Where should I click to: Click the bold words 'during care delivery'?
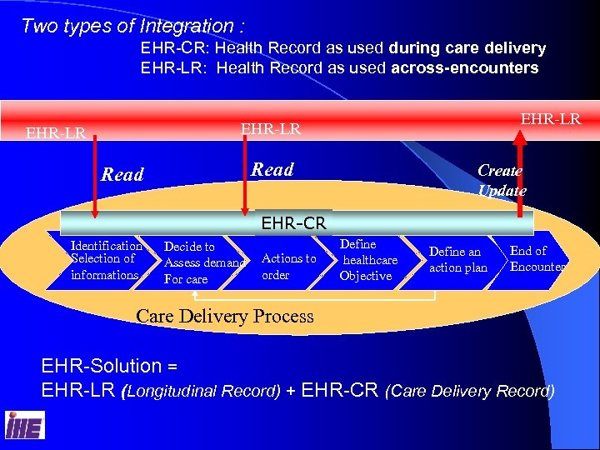click(467, 48)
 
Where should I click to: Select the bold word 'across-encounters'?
click(464, 67)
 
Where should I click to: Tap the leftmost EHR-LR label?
click(56, 132)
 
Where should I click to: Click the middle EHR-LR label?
click(271, 128)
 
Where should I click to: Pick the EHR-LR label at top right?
click(550, 118)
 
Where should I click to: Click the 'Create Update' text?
click(501, 180)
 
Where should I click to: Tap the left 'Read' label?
click(122, 174)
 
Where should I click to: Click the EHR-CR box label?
click(293, 222)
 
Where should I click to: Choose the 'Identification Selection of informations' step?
click(106, 260)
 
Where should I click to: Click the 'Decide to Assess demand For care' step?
click(202, 262)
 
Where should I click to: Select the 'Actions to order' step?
click(288, 267)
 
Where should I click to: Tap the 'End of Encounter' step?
click(536, 258)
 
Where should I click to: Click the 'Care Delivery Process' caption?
click(225, 316)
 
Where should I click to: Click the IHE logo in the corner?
click(24, 425)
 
